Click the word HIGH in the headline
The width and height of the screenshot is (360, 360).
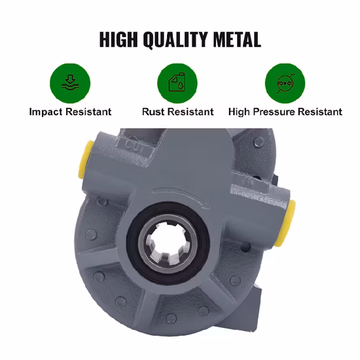pyautogui.click(x=118, y=39)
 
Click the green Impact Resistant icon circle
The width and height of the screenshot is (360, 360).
pyautogui.click(x=70, y=83)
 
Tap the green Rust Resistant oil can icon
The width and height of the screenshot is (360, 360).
pyautogui.click(x=177, y=83)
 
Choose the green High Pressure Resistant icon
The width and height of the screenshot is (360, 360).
pyautogui.click(x=285, y=83)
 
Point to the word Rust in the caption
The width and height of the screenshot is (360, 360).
pyautogui.click(x=153, y=112)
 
